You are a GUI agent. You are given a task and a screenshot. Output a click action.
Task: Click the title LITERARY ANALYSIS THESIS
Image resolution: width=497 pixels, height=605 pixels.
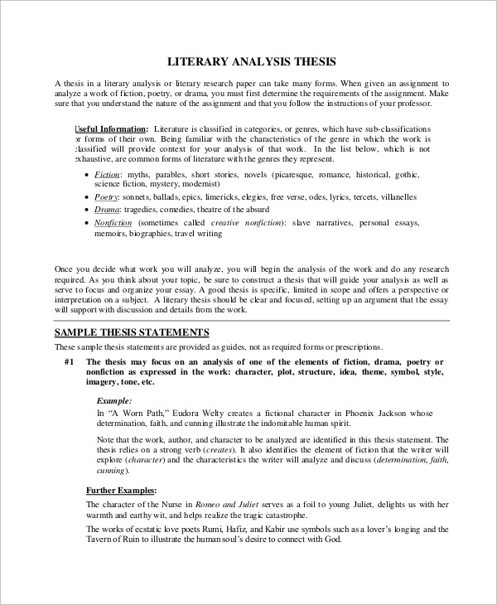[x=252, y=61]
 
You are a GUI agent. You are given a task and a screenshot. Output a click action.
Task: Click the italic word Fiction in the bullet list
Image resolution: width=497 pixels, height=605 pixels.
[x=107, y=175]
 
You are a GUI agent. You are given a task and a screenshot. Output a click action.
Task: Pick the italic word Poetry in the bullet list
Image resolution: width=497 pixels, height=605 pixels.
[x=107, y=197]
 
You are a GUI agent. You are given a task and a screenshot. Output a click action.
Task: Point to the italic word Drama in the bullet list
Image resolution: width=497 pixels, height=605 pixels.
[x=106, y=211]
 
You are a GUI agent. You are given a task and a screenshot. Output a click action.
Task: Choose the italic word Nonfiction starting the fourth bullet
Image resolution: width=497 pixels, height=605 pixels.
[x=114, y=223]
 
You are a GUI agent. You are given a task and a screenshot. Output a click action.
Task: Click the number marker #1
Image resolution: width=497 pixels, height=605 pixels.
[x=69, y=362]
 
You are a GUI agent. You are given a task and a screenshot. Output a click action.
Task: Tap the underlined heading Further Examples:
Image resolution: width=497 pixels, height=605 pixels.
[x=122, y=491]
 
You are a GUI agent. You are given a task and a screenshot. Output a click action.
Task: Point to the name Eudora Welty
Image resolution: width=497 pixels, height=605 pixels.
[x=200, y=412]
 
